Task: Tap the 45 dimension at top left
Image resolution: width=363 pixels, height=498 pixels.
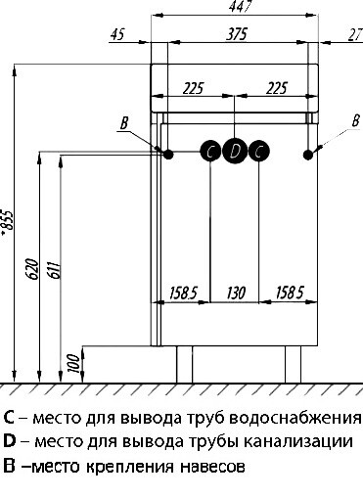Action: [118, 34]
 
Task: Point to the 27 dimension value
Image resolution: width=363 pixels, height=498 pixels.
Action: [354, 34]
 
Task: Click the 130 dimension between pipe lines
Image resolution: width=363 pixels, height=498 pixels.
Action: [236, 292]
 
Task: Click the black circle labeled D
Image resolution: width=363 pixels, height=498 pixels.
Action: [235, 151]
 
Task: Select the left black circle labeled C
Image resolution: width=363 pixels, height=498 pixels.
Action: [211, 151]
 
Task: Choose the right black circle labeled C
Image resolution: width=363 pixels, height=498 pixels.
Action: [257, 151]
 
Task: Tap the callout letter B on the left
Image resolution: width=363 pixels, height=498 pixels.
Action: [123, 122]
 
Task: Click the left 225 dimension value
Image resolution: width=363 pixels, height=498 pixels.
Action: [193, 89]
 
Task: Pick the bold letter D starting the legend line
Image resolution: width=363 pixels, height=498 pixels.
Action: [9, 443]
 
